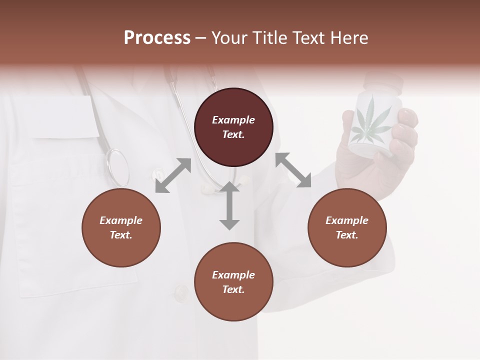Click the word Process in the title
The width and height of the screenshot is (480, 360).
point(157,38)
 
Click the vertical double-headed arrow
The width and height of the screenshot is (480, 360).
point(229,205)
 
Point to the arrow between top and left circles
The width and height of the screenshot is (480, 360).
point(173,175)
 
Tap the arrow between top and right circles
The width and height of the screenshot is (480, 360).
point(293,170)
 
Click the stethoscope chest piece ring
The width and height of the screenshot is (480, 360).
point(118,167)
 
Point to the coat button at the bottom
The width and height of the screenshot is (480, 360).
point(180,291)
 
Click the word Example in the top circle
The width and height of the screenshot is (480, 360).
point(233,120)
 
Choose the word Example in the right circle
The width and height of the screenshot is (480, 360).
point(347,220)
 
